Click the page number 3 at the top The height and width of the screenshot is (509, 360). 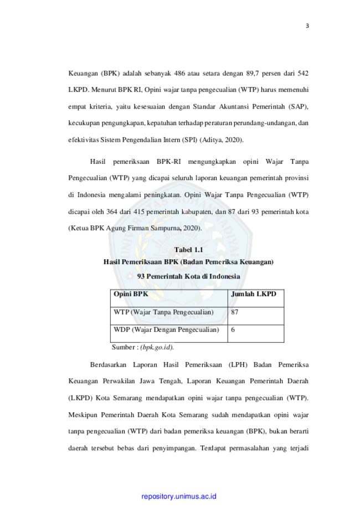coord(307,26)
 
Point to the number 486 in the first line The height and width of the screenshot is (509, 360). coord(179,73)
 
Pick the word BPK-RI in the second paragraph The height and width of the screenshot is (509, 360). coord(169,162)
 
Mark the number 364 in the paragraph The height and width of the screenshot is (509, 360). coord(112,212)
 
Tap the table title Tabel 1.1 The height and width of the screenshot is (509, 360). coord(189,250)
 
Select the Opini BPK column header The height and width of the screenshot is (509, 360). coord(131,294)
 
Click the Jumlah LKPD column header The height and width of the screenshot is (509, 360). coord(254,294)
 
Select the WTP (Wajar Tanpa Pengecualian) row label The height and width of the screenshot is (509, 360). coord(163,312)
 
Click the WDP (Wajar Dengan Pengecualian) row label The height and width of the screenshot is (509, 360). coord(166,330)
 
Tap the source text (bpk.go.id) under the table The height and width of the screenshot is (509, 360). coord(157,347)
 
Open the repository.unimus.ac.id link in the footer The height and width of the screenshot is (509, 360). coord(179,496)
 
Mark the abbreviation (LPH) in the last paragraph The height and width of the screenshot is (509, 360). coord(238,365)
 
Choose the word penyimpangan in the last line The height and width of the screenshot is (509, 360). coord(174,448)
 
